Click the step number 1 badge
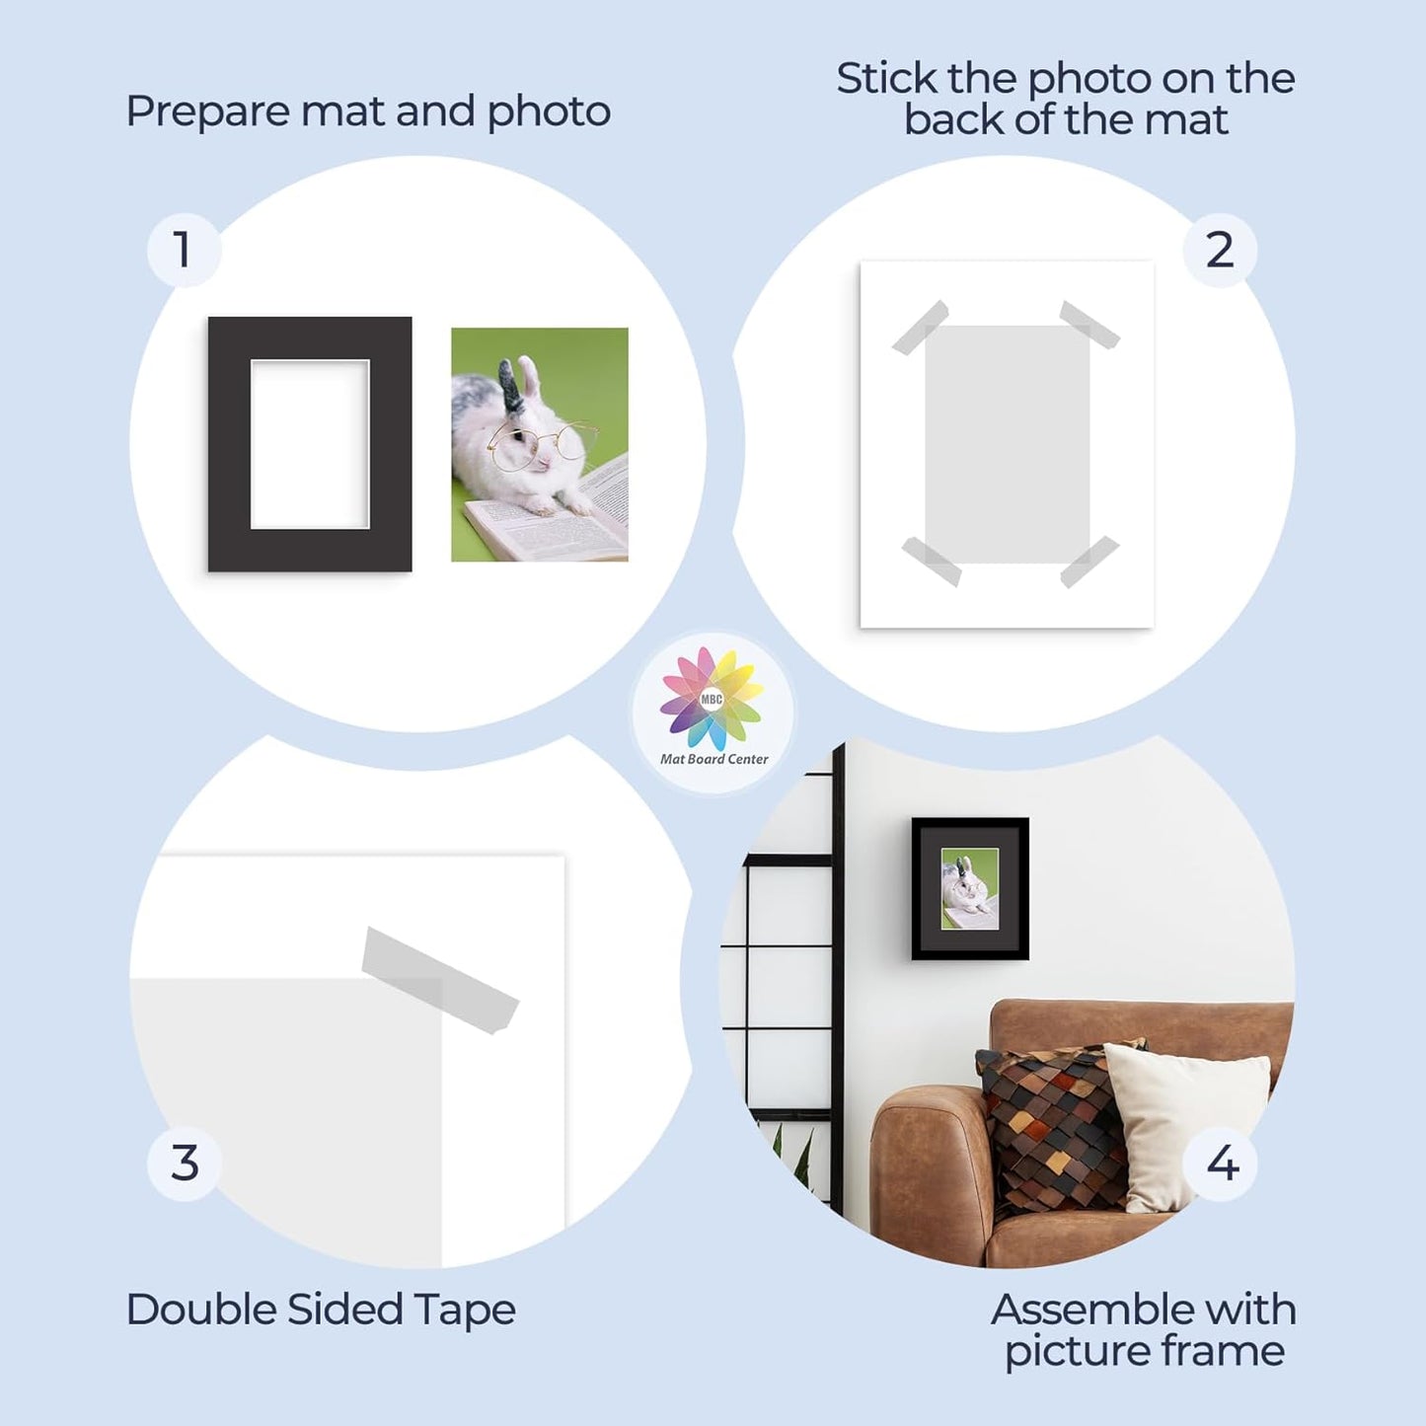point(184,250)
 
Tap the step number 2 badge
point(1220,250)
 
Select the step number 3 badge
point(184,1163)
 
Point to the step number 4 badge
point(1222,1163)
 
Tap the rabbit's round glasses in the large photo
point(543,444)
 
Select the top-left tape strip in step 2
point(920,328)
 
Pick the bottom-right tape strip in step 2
point(1089,562)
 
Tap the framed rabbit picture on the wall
point(970,888)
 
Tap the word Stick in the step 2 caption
point(886,79)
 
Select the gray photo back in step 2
point(1007,444)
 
